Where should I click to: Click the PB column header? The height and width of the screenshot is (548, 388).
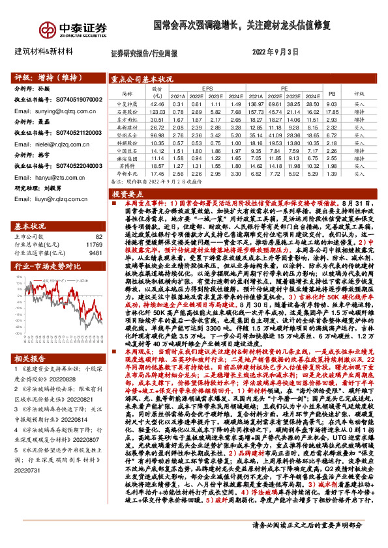click(331, 94)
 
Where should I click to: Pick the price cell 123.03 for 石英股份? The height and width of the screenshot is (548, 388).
click(157, 111)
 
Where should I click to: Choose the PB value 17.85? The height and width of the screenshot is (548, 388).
click(331, 111)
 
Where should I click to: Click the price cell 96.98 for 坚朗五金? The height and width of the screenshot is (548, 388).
click(157, 135)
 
